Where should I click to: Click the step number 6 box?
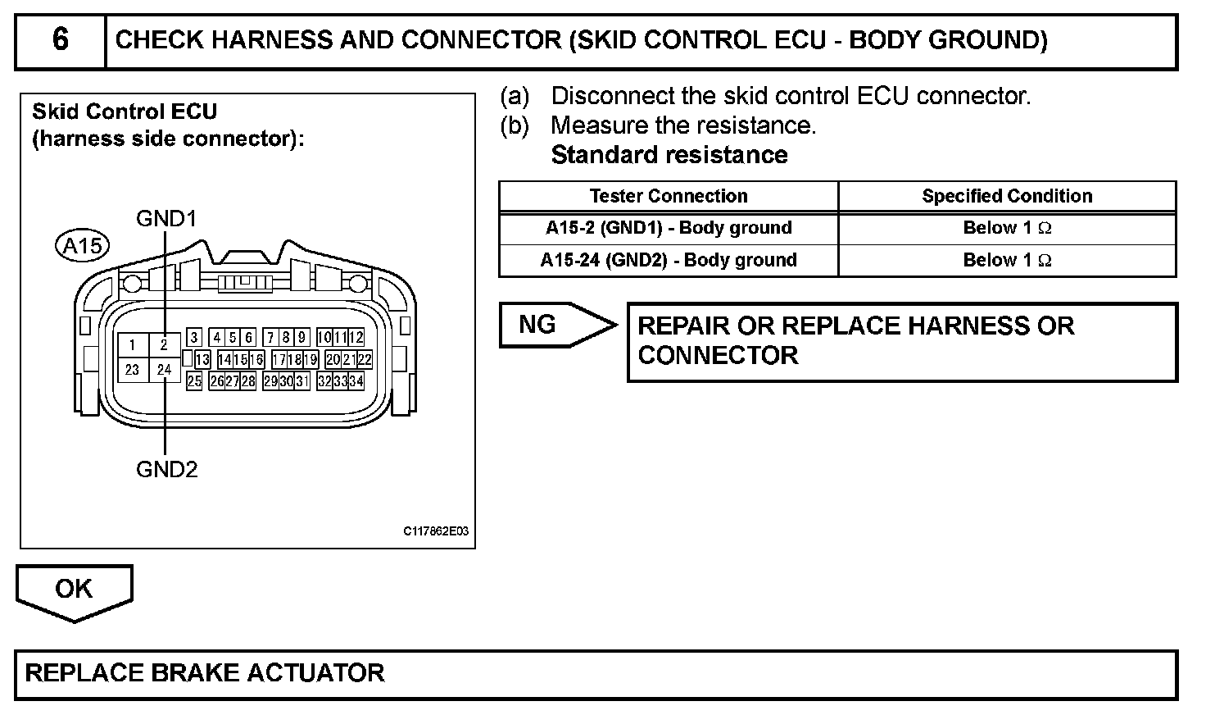[x=60, y=40]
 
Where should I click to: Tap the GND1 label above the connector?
[x=166, y=218]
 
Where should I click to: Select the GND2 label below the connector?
[x=166, y=469]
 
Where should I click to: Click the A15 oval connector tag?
[x=83, y=245]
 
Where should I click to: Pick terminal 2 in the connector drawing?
[x=165, y=345]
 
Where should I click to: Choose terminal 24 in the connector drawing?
[x=165, y=370]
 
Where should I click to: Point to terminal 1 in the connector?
[x=133, y=345]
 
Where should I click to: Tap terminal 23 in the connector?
[x=133, y=370]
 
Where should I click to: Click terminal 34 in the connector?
[x=356, y=381]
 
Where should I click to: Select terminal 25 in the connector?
[x=194, y=381]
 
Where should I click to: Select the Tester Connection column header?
[x=669, y=196]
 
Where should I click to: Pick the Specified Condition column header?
[x=1007, y=196]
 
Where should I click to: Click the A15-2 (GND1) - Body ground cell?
[x=669, y=228]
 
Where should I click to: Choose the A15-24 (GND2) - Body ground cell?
[x=669, y=260]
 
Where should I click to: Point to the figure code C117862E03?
[x=436, y=531]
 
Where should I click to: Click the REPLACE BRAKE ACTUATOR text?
[x=205, y=673]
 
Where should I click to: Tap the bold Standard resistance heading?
[x=669, y=155]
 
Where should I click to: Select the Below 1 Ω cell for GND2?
[x=1007, y=260]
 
